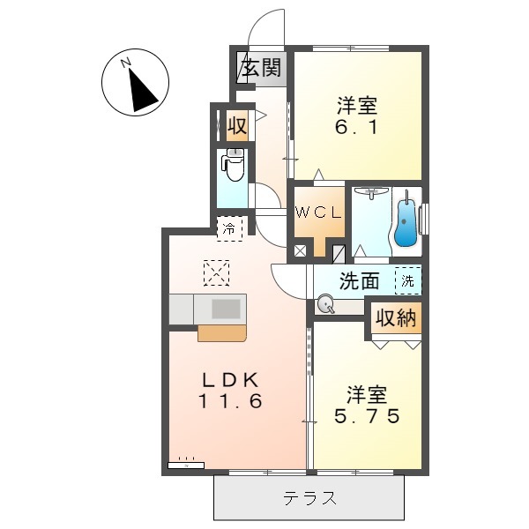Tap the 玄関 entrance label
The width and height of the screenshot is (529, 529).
point(262,68)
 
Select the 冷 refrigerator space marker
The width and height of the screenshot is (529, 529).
point(229,227)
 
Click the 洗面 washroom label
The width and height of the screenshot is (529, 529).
point(360,281)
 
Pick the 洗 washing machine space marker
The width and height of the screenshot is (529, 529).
point(407,281)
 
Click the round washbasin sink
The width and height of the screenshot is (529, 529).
point(327,306)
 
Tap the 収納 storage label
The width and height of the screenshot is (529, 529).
point(394,318)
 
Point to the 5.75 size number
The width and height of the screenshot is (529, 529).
point(366,414)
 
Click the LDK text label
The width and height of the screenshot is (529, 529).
point(229,380)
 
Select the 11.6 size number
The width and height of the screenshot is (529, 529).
point(229,401)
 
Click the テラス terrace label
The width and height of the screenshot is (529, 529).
point(309,499)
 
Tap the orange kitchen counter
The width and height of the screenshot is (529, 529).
point(222,332)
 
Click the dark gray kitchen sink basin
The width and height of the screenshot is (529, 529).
point(226,309)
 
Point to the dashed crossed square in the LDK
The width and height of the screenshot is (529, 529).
point(216,272)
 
